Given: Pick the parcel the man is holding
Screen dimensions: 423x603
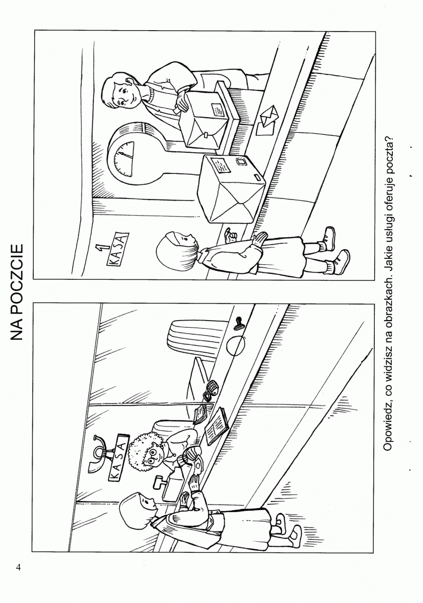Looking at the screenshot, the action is (x=203, y=120).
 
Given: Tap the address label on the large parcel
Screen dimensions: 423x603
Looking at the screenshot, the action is (x=221, y=165).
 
